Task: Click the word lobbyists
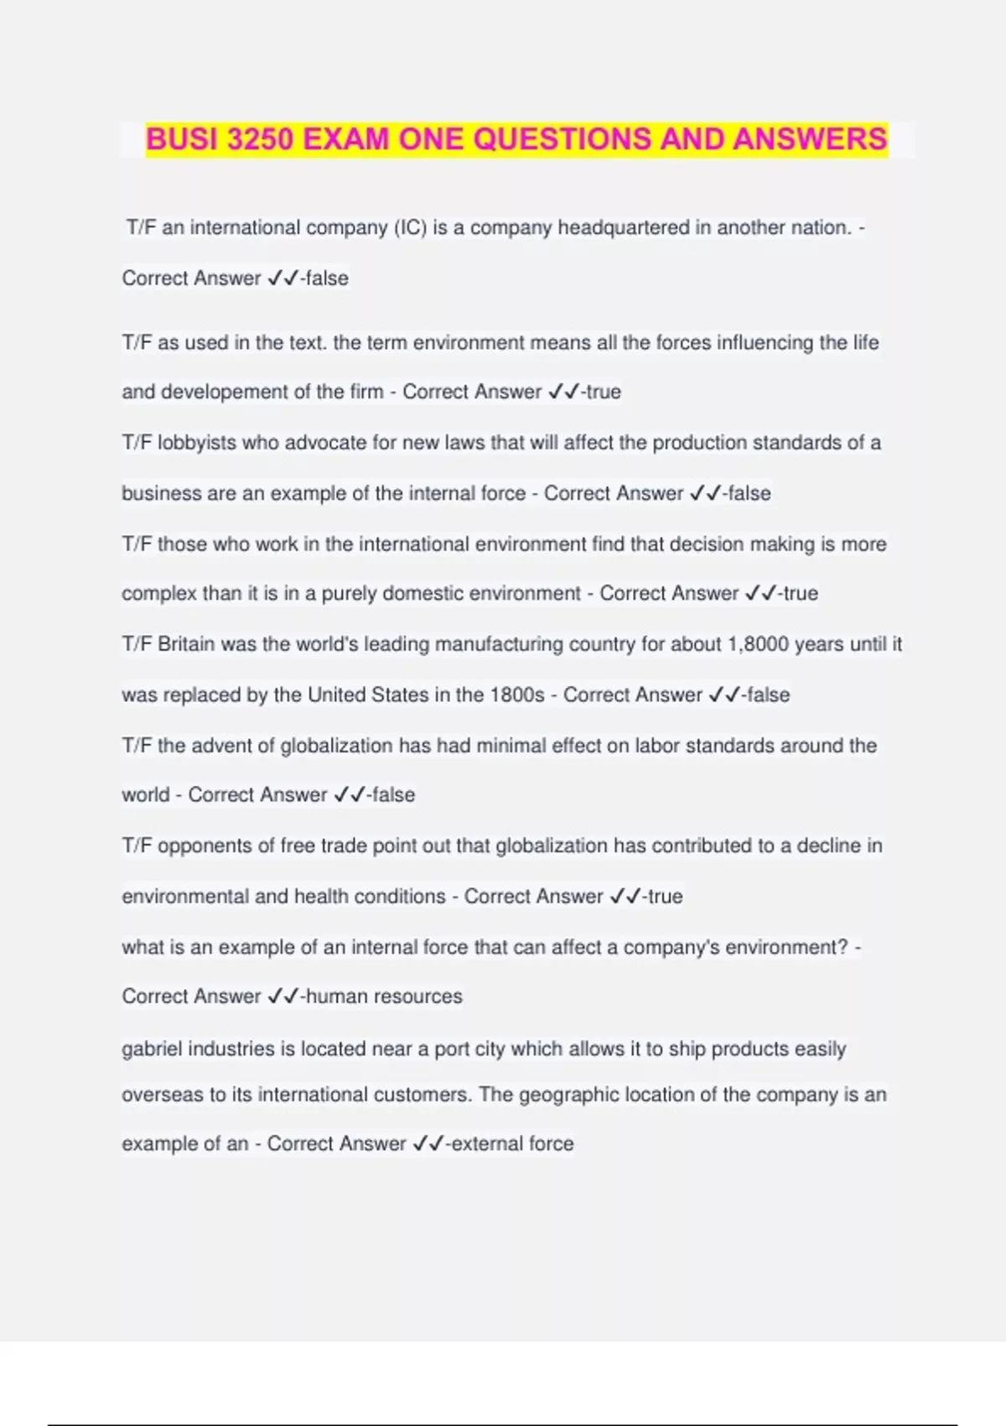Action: (x=197, y=443)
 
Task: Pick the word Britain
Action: (x=186, y=644)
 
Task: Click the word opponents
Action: (x=200, y=846)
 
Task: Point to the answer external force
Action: (x=512, y=1143)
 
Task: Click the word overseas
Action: (x=163, y=1095)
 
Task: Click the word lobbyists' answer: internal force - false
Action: (x=749, y=493)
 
